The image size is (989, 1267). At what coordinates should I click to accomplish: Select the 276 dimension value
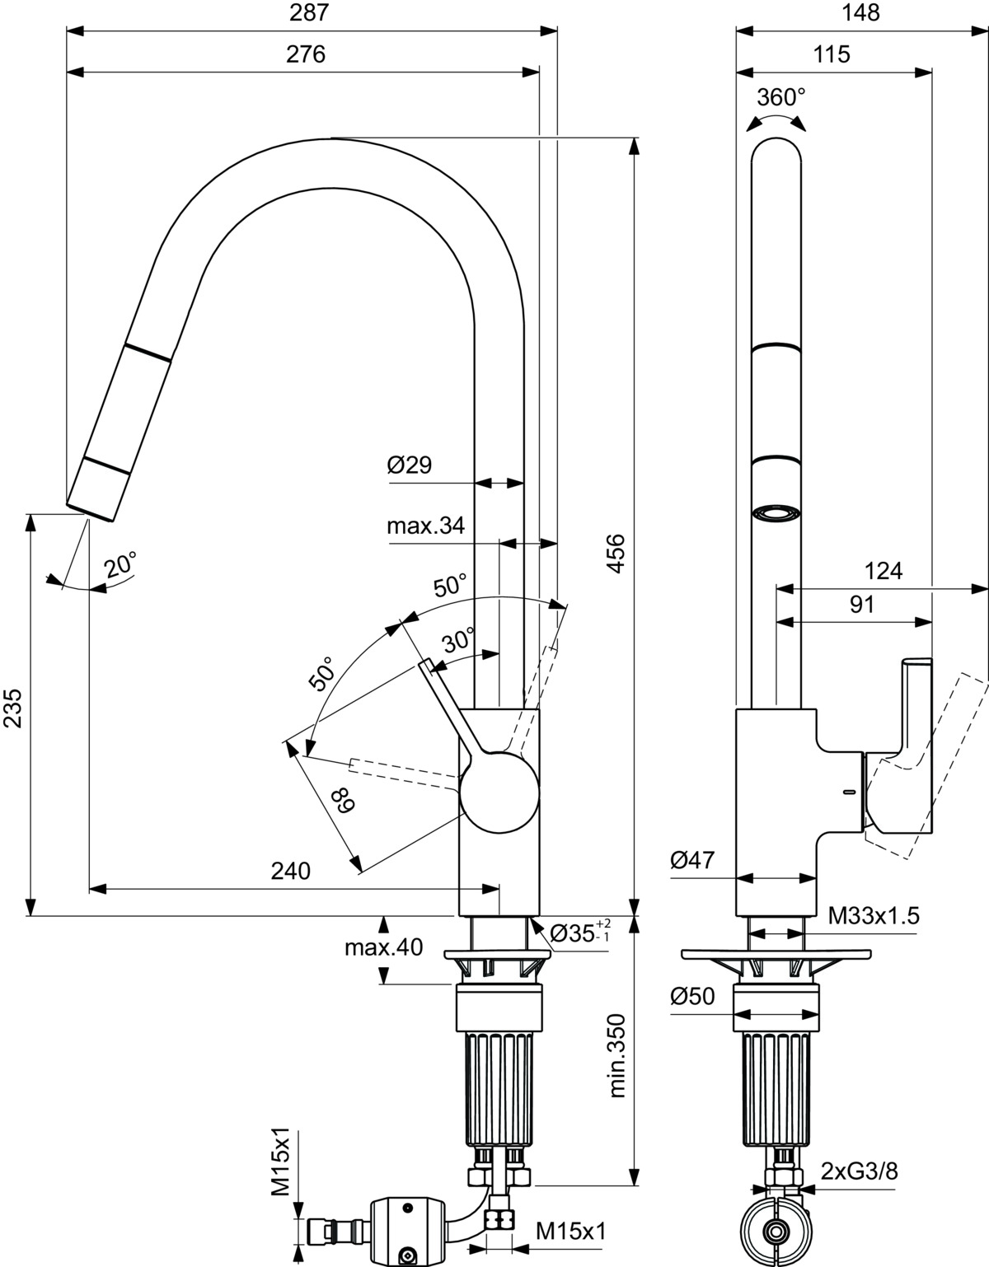pos(306,54)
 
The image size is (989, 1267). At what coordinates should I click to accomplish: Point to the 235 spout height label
pos(12,708)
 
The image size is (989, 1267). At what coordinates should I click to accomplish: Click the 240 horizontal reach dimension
pos(291,871)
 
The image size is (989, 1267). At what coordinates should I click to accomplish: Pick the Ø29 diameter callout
pos(410,465)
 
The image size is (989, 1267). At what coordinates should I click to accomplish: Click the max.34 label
pos(425,526)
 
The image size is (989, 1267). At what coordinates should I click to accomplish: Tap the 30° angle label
pos(458,639)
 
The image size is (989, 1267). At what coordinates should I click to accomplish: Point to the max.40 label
pos(383,947)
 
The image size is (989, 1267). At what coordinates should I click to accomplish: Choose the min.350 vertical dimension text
pos(617,1055)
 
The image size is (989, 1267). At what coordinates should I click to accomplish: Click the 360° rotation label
pos(781,97)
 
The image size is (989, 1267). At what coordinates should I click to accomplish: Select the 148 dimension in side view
pos(861,12)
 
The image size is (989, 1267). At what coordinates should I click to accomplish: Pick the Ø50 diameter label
pos(692,997)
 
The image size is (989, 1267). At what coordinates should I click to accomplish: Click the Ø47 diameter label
pos(692,861)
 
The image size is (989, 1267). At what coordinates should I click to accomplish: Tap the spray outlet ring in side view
pos(776,513)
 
